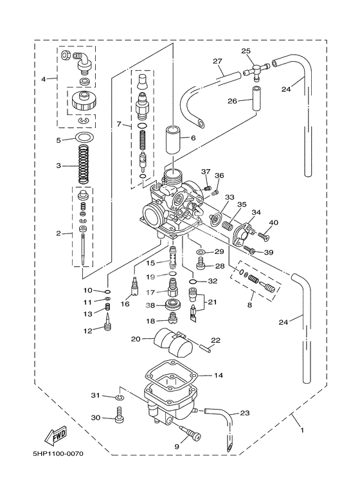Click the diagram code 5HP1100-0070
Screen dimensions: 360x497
click(58, 454)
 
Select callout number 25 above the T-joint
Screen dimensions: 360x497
click(246, 51)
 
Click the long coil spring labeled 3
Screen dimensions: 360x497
click(83, 164)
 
